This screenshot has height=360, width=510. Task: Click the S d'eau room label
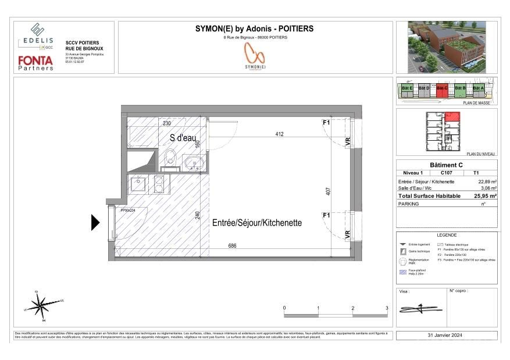[183, 138]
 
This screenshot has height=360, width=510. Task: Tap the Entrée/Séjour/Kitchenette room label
[257, 222]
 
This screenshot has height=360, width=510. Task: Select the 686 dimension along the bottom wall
[232, 246]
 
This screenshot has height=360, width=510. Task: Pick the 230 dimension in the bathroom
[166, 123]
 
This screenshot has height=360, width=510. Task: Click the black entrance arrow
[96, 223]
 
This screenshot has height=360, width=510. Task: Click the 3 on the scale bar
[387, 308]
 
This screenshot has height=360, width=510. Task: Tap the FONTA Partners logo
[36, 62]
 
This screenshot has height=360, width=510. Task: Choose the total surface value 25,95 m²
[485, 197]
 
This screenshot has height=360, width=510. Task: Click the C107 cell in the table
[447, 173]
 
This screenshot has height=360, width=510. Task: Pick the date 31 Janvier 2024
[447, 336]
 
